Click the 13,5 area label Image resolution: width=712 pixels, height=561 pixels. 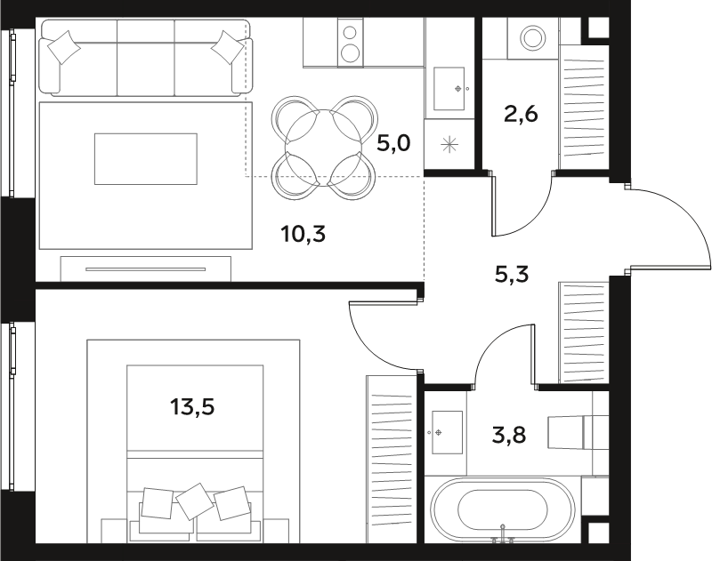pyautogui.click(x=192, y=407)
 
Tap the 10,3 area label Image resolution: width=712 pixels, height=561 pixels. pyautogui.click(x=303, y=234)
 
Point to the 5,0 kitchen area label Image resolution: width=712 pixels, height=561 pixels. pyautogui.click(x=393, y=144)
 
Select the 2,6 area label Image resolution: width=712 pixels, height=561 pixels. pyautogui.click(x=521, y=114)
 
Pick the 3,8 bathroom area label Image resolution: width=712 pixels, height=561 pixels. pyautogui.click(x=509, y=436)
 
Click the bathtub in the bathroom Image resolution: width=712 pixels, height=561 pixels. pyautogui.click(x=503, y=509)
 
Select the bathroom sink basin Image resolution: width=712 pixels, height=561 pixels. pyautogui.click(x=447, y=432)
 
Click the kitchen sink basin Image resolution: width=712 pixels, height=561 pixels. pyautogui.click(x=449, y=89)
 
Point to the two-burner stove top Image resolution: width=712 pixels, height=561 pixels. pyautogui.click(x=351, y=42)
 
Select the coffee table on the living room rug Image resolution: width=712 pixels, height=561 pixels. pyautogui.click(x=146, y=159)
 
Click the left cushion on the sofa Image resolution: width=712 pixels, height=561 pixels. pyautogui.click(x=64, y=47)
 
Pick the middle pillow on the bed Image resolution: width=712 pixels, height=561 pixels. pyautogui.click(x=195, y=501)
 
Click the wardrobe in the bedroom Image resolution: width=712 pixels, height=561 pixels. pyautogui.click(x=392, y=459)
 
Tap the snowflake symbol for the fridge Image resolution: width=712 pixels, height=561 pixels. pyautogui.click(x=449, y=145)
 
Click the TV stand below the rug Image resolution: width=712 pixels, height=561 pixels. pyautogui.click(x=146, y=268)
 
